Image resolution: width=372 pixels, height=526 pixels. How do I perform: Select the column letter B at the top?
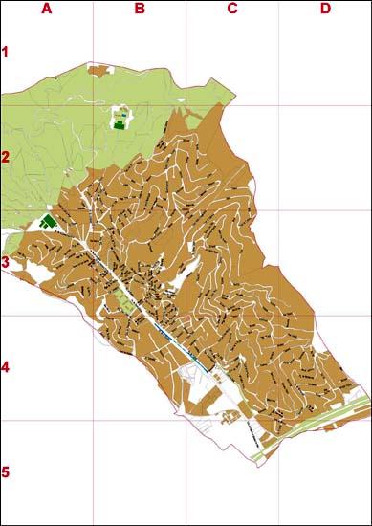point(139,9)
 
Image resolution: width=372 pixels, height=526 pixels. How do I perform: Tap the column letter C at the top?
point(231,9)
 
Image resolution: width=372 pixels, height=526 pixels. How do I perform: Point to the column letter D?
point(325,9)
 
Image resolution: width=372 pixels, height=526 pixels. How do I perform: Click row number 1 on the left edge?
point(5,53)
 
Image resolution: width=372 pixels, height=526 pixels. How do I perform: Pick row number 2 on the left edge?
point(5,158)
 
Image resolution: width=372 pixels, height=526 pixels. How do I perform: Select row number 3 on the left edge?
point(5,262)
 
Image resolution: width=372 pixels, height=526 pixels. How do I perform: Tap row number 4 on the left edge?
point(5,367)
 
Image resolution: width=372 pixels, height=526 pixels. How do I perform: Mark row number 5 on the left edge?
point(5,472)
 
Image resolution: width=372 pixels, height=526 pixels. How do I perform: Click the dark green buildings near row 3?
point(47,221)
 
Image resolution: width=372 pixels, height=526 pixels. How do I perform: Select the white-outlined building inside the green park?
point(120,119)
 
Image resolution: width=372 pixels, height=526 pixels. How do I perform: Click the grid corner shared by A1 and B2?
point(93,105)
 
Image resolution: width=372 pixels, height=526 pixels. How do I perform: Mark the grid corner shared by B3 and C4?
point(186,315)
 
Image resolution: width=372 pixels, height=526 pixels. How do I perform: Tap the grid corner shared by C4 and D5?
point(278,420)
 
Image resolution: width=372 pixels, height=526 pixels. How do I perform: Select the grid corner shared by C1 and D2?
point(278,105)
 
